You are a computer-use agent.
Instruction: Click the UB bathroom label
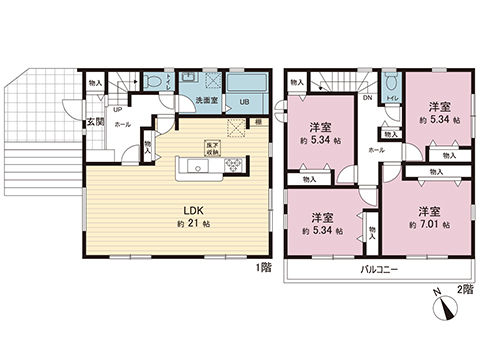(x=243, y=101)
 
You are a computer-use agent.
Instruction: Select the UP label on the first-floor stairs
(x=117, y=110)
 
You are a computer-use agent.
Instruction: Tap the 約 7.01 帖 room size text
(x=430, y=227)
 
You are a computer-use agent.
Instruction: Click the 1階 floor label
(x=262, y=267)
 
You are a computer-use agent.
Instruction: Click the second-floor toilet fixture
(x=391, y=84)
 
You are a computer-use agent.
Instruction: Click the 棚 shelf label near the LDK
(x=258, y=122)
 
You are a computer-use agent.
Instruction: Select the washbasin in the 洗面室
(x=187, y=79)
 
